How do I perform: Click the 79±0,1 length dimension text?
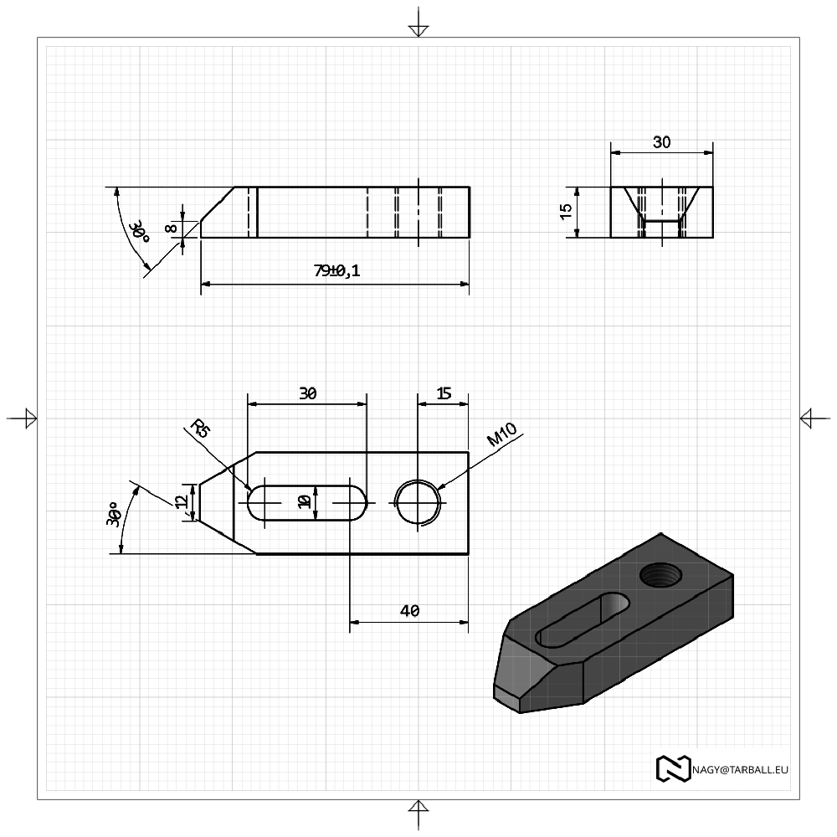click(336, 270)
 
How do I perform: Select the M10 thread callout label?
click(502, 434)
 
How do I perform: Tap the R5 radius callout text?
click(200, 428)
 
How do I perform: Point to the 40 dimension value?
click(409, 611)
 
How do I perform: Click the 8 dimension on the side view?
click(171, 228)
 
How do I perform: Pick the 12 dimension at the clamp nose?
click(182, 501)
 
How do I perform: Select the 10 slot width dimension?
click(305, 501)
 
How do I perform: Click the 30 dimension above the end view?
click(661, 142)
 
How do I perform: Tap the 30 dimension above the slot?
click(307, 393)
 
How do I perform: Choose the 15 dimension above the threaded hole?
click(444, 393)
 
